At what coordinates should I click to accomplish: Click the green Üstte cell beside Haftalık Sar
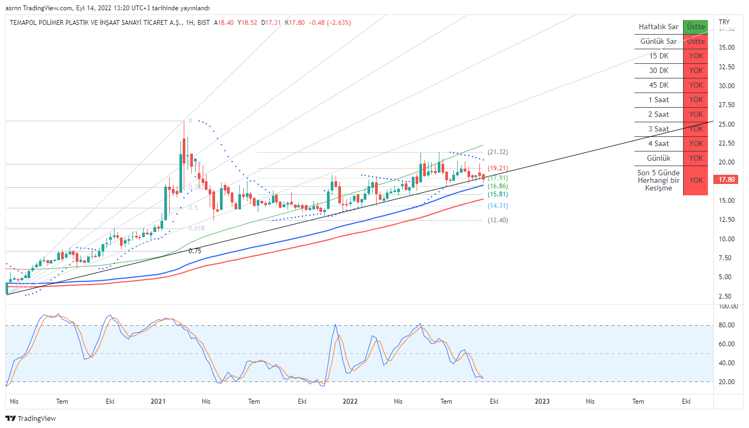click(695, 27)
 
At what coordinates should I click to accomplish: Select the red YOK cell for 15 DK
click(695, 56)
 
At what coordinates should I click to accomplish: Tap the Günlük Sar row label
click(658, 41)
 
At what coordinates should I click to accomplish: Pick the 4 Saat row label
click(658, 143)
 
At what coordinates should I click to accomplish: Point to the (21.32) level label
click(498, 152)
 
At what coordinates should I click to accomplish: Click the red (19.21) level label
click(498, 169)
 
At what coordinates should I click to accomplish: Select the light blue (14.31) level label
click(498, 206)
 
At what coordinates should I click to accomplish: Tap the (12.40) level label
click(498, 220)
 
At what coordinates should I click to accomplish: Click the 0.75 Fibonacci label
click(195, 251)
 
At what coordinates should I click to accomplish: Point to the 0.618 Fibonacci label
click(196, 228)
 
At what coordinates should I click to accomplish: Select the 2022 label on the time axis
click(350, 401)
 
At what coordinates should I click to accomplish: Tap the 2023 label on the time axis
click(542, 401)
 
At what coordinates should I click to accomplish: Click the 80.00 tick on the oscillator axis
click(727, 325)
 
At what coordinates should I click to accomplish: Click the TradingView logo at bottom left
click(31, 418)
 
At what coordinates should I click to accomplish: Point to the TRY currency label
click(724, 22)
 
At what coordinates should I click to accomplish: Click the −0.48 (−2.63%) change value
click(330, 23)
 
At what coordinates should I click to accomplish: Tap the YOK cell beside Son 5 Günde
click(695, 180)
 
